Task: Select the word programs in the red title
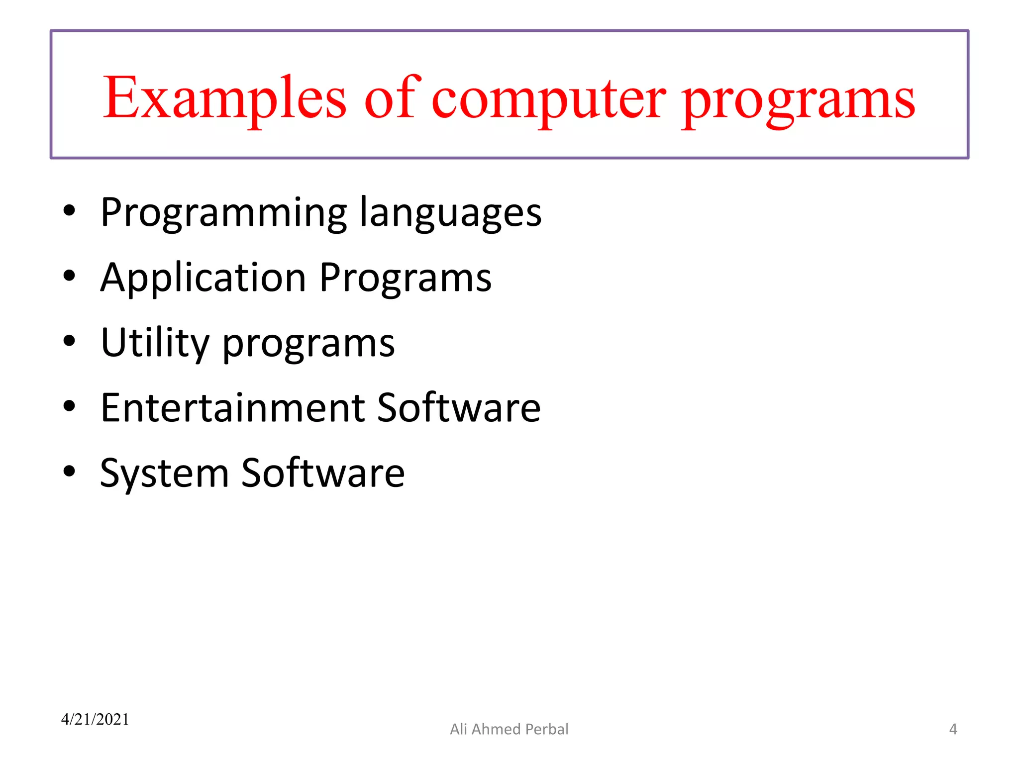(x=798, y=102)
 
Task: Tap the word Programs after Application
(x=405, y=279)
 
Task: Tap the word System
(x=164, y=474)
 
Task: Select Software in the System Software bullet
(x=323, y=473)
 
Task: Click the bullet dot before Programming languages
(x=69, y=210)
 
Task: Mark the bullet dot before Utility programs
(x=69, y=341)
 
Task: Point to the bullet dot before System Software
(x=69, y=471)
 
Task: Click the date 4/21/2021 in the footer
(x=95, y=719)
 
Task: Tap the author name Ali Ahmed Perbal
(x=509, y=729)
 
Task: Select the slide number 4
(x=953, y=729)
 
